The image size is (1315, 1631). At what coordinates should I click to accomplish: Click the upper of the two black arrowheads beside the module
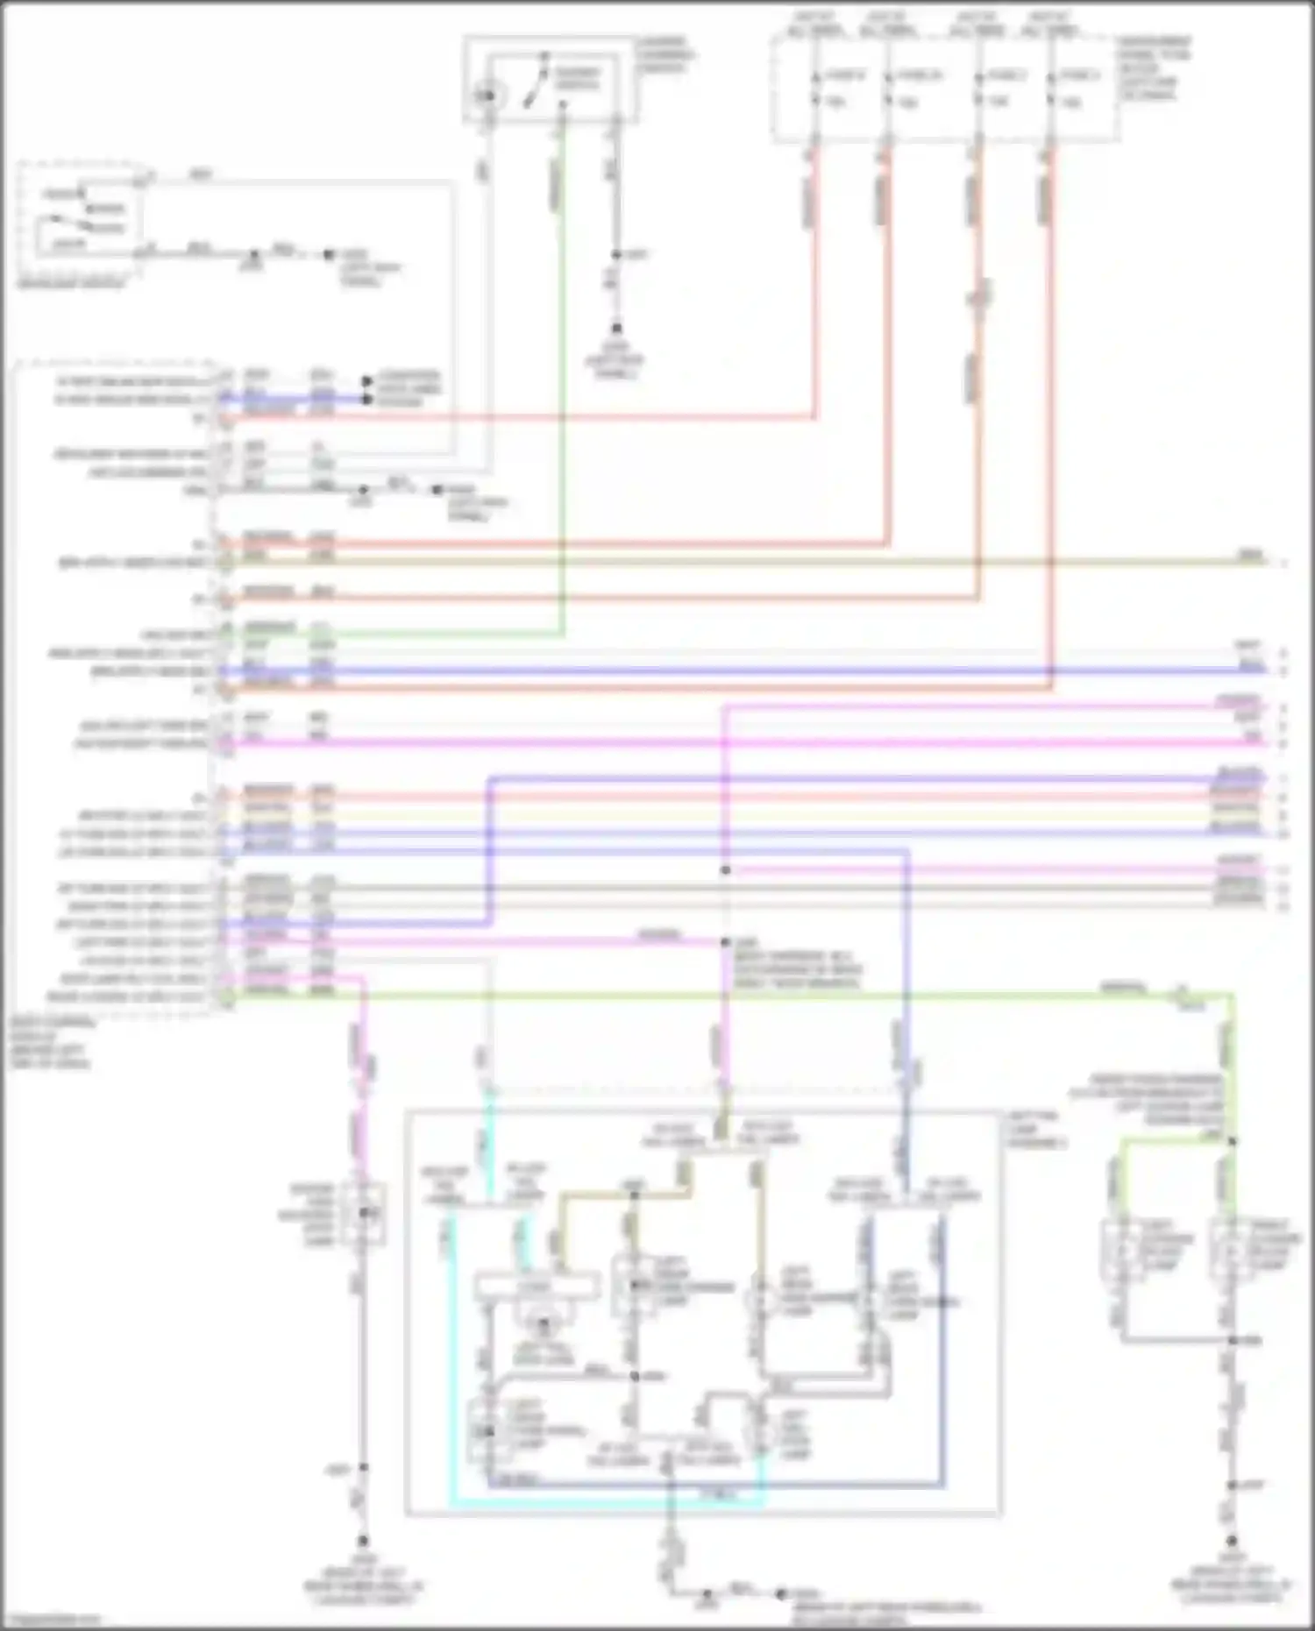(366, 381)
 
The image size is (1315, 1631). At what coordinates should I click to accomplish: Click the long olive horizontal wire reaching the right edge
(745, 561)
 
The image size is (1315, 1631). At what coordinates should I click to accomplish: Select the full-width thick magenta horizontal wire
(745, 743)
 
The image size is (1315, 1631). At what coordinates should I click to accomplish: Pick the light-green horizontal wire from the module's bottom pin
(701, 996)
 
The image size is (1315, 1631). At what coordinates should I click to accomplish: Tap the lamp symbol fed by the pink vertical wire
(366, 1214)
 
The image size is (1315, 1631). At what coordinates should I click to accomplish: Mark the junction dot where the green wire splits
(1232, 1141)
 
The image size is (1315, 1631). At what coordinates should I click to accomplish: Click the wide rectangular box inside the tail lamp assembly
(537, 1287)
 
